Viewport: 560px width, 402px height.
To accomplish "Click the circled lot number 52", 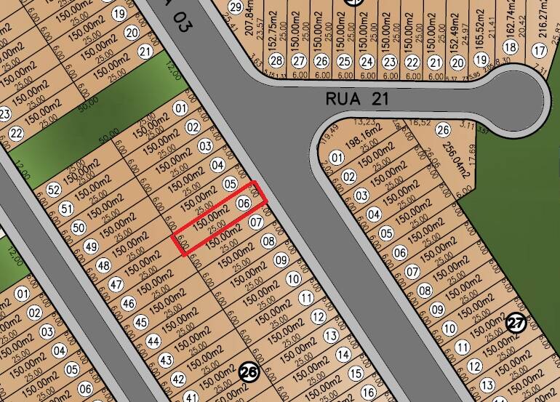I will point(53,190).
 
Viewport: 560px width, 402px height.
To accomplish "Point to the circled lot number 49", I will point(91,246).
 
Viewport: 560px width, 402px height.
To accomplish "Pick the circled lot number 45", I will point(140,322).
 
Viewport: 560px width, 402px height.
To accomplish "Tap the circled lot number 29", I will point(234,7).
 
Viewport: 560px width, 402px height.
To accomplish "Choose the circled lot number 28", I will point(276,61).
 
